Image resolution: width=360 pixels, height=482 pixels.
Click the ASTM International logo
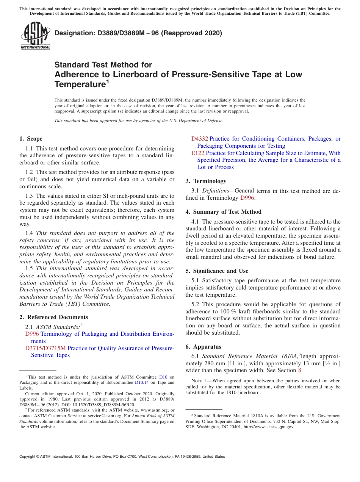35,36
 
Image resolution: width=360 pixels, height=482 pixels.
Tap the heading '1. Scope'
31,139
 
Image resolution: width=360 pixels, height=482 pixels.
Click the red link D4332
200,139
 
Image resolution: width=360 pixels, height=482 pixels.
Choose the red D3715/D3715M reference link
45,348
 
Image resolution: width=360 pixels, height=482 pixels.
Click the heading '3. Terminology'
206,181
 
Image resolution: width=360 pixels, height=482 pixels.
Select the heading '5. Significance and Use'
217,271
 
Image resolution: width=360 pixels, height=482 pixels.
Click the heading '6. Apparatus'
203,347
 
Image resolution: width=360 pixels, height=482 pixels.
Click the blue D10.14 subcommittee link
142,383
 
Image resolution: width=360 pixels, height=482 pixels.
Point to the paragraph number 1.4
29,233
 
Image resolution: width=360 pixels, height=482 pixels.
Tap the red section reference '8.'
300,370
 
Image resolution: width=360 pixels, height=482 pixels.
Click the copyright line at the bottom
122,457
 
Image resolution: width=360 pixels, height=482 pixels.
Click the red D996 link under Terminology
247,198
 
